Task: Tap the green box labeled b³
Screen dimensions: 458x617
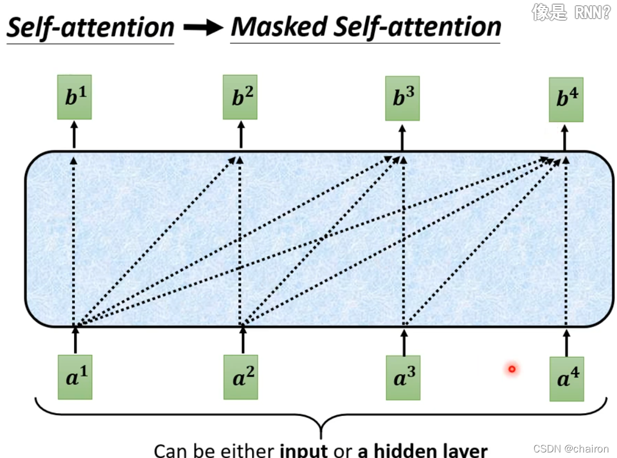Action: point(402,99)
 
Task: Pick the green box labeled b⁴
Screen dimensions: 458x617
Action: point(565,100)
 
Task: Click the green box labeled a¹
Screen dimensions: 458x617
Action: point(75,378)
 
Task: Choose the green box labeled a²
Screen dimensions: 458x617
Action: point(241,378)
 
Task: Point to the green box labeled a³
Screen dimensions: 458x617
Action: point(403,378)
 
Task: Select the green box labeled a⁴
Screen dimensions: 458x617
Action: point(567,379)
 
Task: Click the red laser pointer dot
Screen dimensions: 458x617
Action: point(512,369)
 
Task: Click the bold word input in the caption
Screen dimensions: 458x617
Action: point(304,450)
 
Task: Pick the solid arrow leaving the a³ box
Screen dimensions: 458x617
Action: point(404,342)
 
